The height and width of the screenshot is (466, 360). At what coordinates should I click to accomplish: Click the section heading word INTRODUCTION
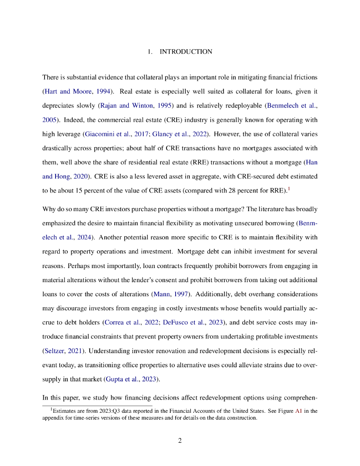point(186,52)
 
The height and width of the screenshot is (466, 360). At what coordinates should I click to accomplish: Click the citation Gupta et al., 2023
point(132,379)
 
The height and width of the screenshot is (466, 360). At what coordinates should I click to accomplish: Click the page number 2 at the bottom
point(180,441)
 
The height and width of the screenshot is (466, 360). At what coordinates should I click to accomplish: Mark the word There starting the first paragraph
point(51,77)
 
